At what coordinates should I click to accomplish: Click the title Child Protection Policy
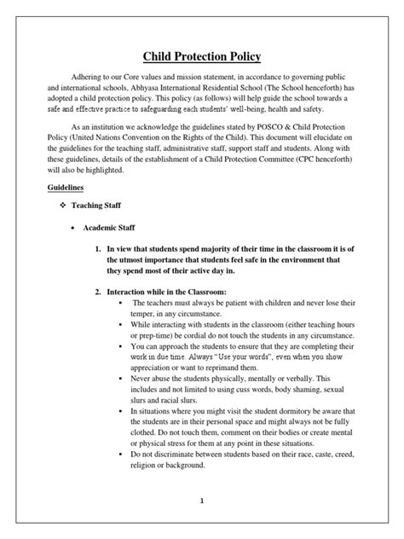pyautogui.click(x=202, y=56)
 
